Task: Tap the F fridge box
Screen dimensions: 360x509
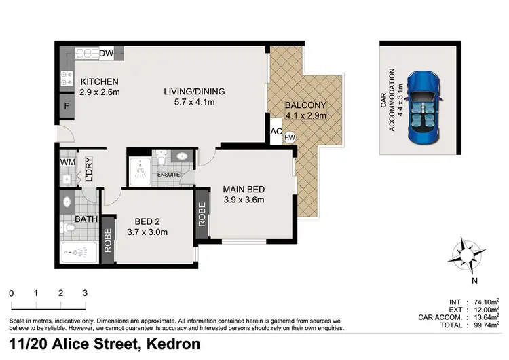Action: click(x=66, y=107)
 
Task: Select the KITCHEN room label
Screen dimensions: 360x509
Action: click(x=99, y=82)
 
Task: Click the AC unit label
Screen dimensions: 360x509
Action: click(x=276, y=132)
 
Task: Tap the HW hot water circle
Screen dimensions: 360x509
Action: click(x=290, y=137)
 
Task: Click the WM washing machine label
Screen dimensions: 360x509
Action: click(x=67, y=162)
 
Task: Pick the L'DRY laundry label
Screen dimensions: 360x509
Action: click(x=87, y=170)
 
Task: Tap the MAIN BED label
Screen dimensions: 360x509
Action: click(x=244, y=189)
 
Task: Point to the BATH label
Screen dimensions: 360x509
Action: click(x=86, y=219)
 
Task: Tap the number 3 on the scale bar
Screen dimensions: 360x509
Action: click(x=85, y=293)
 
